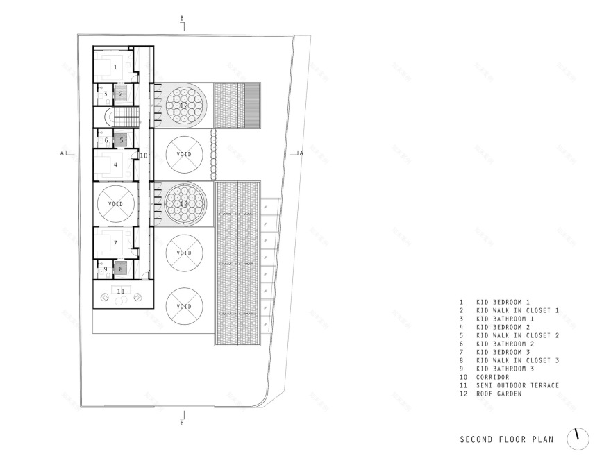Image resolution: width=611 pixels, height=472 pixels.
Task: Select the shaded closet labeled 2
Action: click(120, 94)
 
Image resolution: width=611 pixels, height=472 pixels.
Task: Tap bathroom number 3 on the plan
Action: click(106, 94)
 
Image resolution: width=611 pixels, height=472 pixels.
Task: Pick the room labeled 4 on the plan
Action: click(116, 165)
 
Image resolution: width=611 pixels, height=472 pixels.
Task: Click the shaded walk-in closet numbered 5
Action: click(120, 140)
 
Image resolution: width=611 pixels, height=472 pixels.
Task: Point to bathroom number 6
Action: click(106, 140)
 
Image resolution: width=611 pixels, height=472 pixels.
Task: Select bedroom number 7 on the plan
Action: click(116, 243)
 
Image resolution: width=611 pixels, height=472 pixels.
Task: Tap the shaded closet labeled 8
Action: click(120, 269)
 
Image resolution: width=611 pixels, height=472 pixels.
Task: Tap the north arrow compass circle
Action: click(578, 438)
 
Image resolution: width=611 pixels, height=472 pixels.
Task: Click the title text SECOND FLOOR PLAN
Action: click(506, 439)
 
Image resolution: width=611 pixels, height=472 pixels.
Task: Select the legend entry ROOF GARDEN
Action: click(499, 394)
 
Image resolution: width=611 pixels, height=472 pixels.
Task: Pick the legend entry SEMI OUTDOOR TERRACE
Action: click(517, 385)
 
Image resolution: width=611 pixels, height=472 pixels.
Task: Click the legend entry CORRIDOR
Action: click(493, 377)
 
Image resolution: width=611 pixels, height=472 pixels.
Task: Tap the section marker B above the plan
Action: click(182, 18)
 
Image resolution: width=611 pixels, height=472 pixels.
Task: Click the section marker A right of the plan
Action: click(300, 153)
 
